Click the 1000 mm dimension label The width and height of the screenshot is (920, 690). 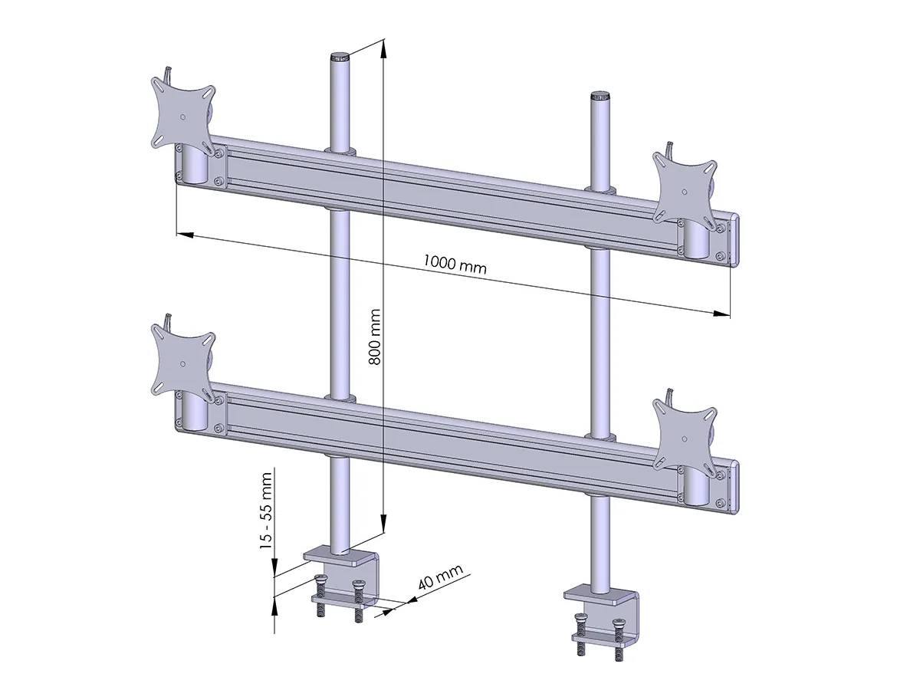pyautogui.click(x=455, y=264)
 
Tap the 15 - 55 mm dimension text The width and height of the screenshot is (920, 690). pyautogui.click(x=266, y=510)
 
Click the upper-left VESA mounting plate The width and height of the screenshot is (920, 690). pyautogui.click(x=182, y=115)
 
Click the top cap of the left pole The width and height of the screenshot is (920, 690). pyautogui.click(x=340, y=57)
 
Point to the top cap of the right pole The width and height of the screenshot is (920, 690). pyautogui.click(x=599, y=97)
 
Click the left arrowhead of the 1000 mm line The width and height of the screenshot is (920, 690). pyautogui.click(x=185, y=234)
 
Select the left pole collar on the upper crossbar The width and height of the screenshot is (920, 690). pyautogui.click(x=340, y=150)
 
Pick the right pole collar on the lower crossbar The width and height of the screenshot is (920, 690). pyautogui.click(x=599, y=437)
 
